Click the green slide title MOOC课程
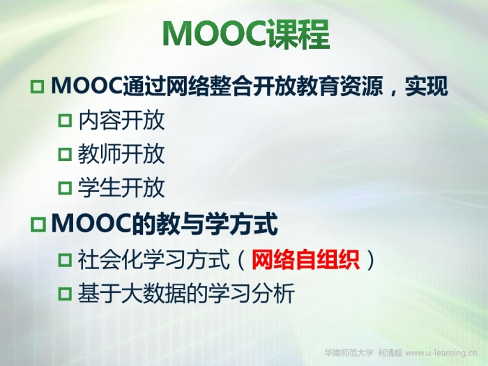[246, 34]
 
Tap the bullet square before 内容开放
[65, 120]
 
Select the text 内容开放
[121, 120]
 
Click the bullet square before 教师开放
[65, 154]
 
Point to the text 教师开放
[121, 154]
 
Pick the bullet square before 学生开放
[65, 188]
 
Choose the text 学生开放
[121, 188]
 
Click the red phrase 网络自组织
[305, 259]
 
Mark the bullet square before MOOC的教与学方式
[38, 224]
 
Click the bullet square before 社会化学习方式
[65, 259]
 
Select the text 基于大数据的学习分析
[186, 293]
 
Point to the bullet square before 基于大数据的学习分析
[65, 293]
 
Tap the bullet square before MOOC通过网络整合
[38, 86]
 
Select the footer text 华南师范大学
[349, 353]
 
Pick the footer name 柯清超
[390, 353]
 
